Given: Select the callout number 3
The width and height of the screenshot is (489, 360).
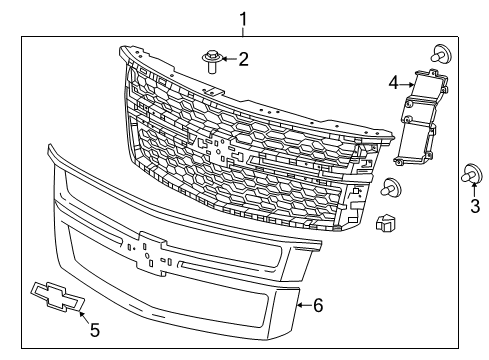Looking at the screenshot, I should (474, 208).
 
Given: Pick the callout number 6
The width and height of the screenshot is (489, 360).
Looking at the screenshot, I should (318, 305).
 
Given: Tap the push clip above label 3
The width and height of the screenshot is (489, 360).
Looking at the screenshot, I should (467, 175).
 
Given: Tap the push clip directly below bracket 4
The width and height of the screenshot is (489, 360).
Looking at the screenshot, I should (391, 185).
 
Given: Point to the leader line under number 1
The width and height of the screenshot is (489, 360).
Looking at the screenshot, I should (241, 30).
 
